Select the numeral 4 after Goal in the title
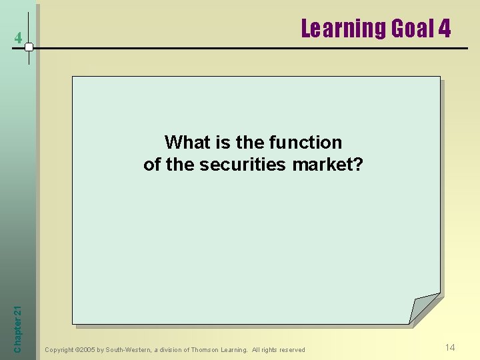pos(444,29)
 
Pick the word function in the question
pos(305,142)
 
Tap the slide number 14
pos(450,347)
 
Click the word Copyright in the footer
pos(59,350)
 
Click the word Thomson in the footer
pos(207,350)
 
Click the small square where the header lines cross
pos(29,47)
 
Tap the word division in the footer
pos(171,350)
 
